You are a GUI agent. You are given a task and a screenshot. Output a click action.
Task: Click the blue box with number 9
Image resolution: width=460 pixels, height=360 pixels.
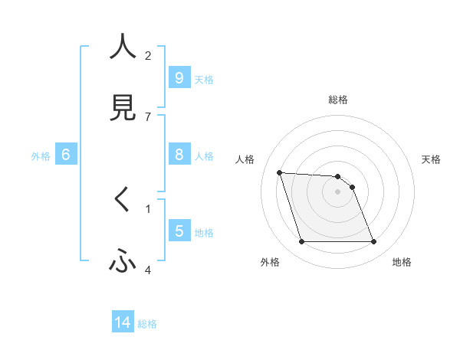179,77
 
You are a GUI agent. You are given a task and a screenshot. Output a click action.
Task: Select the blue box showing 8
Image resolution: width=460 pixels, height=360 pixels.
179,155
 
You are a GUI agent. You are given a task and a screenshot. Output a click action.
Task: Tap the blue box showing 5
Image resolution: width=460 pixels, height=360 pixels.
179,231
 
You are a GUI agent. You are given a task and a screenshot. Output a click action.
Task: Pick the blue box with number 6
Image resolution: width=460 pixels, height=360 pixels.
65,155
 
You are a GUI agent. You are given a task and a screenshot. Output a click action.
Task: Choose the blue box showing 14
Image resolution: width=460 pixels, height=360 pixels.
123,322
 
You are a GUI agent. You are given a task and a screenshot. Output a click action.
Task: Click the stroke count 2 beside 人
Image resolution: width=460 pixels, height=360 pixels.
148,55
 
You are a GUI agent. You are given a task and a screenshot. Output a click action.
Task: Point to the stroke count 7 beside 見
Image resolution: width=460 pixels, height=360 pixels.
148,116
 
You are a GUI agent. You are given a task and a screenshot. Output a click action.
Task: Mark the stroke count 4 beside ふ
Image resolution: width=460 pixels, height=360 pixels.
148,270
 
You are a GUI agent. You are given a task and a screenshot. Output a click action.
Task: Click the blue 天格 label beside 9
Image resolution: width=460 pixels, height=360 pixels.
204,79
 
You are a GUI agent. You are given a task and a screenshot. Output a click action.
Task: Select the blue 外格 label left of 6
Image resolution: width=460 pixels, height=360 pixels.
41,156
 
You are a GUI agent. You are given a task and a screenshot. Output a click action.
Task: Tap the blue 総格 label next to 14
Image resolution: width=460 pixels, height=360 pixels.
147,324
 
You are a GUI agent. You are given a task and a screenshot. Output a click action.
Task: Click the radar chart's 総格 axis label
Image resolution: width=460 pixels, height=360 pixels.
338,100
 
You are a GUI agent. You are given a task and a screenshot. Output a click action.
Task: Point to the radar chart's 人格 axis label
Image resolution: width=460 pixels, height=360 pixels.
245,159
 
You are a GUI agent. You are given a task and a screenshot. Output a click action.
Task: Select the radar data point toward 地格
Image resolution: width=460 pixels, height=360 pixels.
373,242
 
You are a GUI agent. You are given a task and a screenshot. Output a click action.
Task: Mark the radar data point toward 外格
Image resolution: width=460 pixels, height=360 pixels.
301,242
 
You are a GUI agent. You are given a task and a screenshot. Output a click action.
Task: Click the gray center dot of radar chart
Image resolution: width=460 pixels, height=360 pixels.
337,191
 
